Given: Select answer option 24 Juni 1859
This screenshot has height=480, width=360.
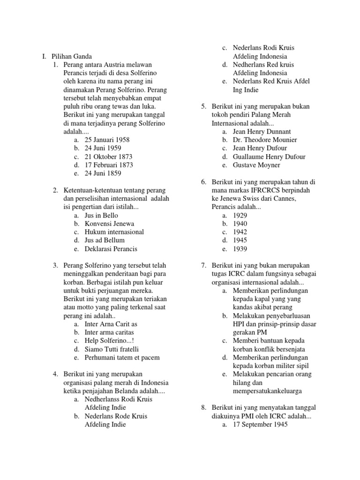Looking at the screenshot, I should [102, 173].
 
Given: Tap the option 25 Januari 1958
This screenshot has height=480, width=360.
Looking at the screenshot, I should [107, 140].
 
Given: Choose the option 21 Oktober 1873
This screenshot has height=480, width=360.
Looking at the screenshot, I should [108, 157].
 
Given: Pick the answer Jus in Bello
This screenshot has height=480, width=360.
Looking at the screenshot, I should [101, 215].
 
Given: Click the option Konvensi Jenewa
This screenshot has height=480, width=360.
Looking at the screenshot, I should [109, 224].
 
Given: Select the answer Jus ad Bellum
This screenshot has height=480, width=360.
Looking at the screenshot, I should [105, 240].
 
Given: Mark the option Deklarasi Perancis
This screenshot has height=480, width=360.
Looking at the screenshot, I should [111, 249].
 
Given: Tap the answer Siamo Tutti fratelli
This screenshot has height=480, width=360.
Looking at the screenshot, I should [112, 349].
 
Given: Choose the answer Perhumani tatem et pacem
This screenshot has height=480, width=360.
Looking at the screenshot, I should [122, 358].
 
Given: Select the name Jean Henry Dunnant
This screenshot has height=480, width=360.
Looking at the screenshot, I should [262, 132].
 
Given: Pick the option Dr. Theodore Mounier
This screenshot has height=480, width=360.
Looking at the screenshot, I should [265, 140].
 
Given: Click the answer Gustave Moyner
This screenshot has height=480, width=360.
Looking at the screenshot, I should [256, 165].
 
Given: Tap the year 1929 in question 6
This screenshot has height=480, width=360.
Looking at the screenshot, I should [240, 215].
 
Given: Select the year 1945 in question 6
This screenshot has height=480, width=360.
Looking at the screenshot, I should [240, 240].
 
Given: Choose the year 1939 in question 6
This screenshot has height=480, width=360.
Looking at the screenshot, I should [240, 249].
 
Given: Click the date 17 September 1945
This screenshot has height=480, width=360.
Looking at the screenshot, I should [260, 425].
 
